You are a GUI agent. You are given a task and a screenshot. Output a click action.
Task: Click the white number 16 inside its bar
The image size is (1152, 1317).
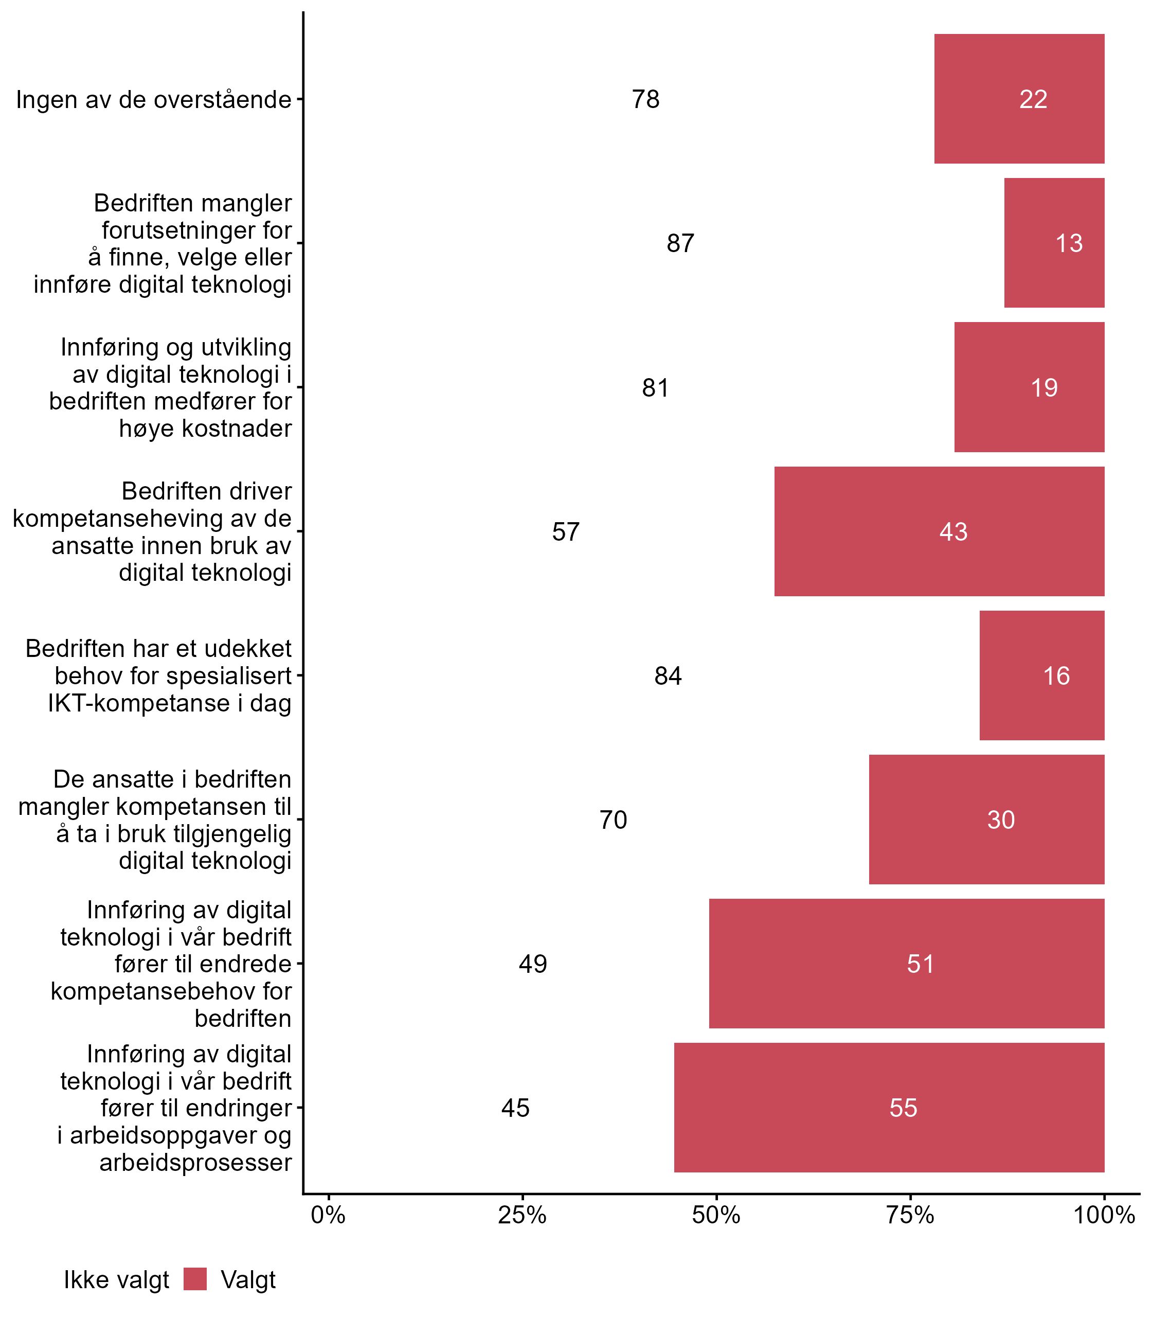tap(1056, 676)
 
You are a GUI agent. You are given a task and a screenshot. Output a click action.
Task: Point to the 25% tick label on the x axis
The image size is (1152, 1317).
tap(522, 1215)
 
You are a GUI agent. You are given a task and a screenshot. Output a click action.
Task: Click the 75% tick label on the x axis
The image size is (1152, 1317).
tap(910, 1215)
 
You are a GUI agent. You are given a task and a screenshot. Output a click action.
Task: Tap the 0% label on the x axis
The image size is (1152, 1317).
tap(329, 1215)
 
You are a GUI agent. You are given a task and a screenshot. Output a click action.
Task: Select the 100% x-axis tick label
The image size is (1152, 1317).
tap(1104, 1215)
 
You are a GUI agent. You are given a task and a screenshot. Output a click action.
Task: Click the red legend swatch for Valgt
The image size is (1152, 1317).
tap(195, 1279)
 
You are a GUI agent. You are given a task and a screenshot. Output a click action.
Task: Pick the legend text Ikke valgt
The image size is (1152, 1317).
tap(116, 1280)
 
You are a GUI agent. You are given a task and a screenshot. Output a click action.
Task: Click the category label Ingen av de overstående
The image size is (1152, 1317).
tap(154, 100)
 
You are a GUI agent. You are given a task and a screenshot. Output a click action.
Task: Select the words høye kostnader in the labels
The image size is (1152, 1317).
tap(205, 428)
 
